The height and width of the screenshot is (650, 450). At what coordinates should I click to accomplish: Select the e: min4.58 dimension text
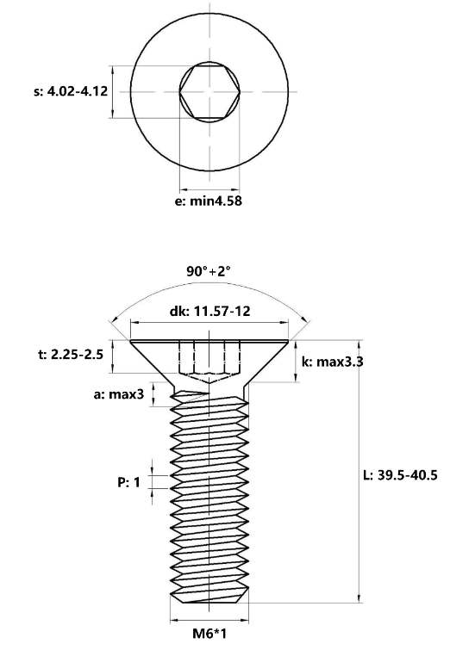tap(210, 203)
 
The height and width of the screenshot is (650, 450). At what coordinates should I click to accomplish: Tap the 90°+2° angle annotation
tap(209, 271)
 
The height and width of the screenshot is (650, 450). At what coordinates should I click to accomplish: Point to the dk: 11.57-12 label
tap(209, 311)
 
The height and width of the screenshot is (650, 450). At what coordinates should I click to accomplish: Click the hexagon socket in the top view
tap(209, 91)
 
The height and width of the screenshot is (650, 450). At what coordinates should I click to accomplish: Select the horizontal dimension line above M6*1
tap(209, 618)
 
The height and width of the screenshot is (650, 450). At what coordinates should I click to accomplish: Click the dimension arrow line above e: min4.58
tap(209, 190)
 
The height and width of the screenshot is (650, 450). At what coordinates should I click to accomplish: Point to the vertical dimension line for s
tap(113, 91)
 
